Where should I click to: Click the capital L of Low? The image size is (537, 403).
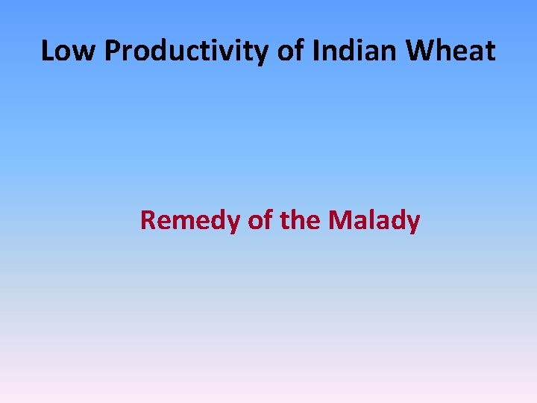click(x=47, y=51)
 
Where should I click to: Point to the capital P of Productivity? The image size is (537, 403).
click(x=112, y=51)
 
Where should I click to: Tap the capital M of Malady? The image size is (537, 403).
click(x=340, y=221)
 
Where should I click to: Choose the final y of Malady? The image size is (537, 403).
click(x=413, y=223)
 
